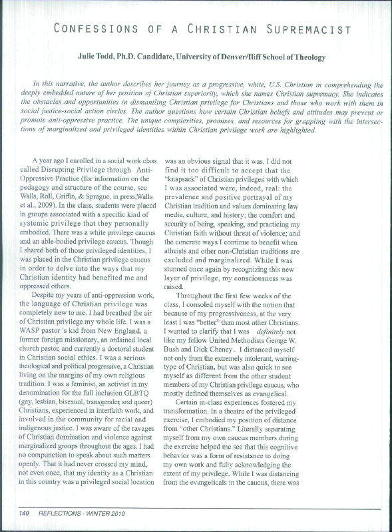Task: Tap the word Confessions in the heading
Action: (x=106, y=29)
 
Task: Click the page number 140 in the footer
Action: (x=25, y=513)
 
